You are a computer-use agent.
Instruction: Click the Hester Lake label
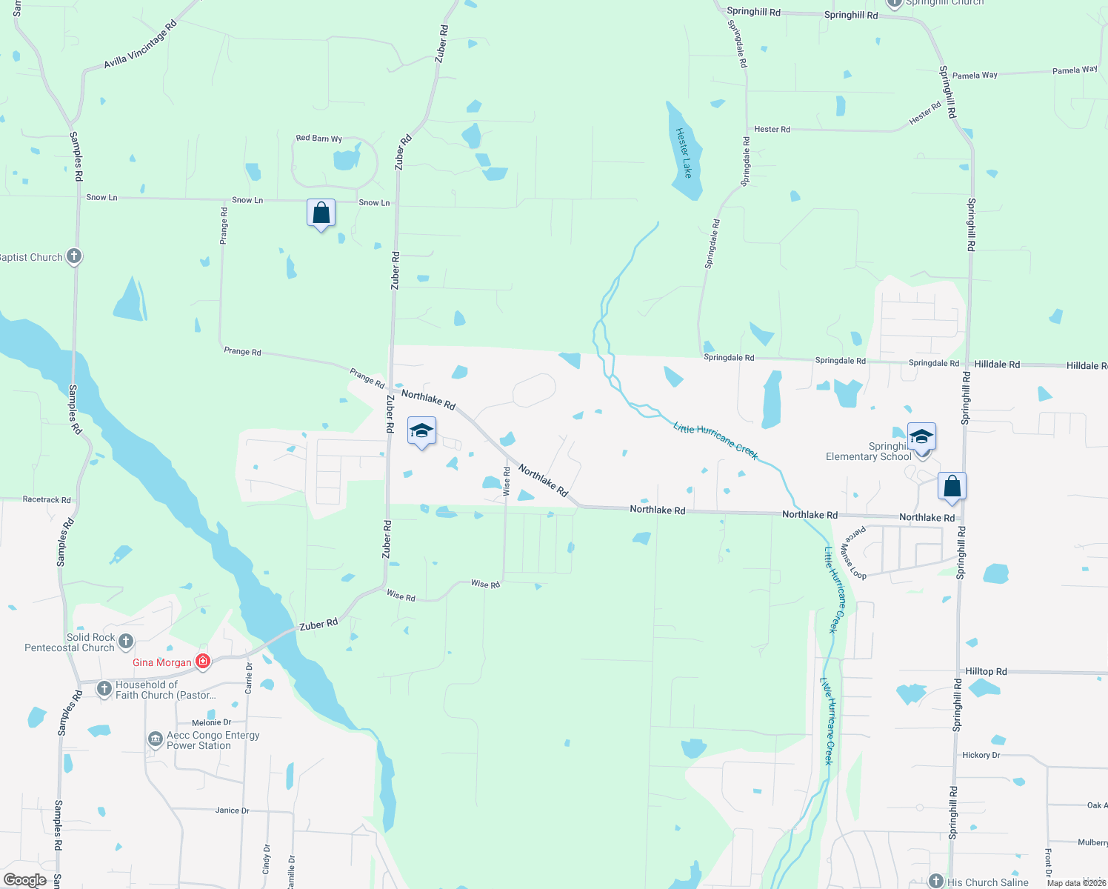[684, 153]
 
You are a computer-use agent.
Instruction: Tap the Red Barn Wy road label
[318, 139]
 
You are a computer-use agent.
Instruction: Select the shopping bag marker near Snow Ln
[321, 213]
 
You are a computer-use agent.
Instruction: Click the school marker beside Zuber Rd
[421, 431]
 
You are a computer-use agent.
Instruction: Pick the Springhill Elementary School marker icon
[921, 436]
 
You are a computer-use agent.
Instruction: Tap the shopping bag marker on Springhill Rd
[952, 486]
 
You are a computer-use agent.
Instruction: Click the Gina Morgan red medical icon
[202, 662]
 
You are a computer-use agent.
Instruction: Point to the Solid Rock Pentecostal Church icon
[126, 641]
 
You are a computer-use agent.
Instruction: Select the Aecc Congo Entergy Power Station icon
[156, 739]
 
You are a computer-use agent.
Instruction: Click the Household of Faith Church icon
[104, 689]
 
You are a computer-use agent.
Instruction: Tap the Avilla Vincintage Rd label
[140, 45]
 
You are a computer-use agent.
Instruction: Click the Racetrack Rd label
[47, 500]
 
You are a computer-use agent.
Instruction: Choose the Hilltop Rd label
[986, 671]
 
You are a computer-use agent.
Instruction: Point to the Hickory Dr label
[981, 755]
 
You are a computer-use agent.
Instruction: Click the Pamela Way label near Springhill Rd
[974, 76]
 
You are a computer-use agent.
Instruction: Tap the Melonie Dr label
[211, 722]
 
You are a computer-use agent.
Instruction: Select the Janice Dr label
[232, 810]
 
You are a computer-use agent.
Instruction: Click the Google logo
[25, 880]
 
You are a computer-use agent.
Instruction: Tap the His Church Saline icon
[936, 882]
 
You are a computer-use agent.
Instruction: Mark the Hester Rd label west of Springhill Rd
[772, 130]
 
